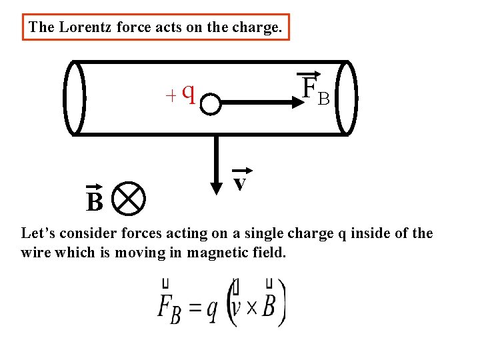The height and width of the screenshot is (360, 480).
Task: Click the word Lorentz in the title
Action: [x=83, y=27]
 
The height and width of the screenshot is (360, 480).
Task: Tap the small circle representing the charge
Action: [x=211, y=104]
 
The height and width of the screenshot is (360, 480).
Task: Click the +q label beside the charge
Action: [x=181, y=95]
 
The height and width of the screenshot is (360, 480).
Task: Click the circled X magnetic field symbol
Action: [x=129, y=197]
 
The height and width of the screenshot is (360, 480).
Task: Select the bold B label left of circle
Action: [x=95, y=201]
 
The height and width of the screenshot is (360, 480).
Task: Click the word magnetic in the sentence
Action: [x=215, y=253]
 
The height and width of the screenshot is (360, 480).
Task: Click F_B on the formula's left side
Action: [x=169, y=307]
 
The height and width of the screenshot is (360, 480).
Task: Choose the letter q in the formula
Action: [x=212, y=310]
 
